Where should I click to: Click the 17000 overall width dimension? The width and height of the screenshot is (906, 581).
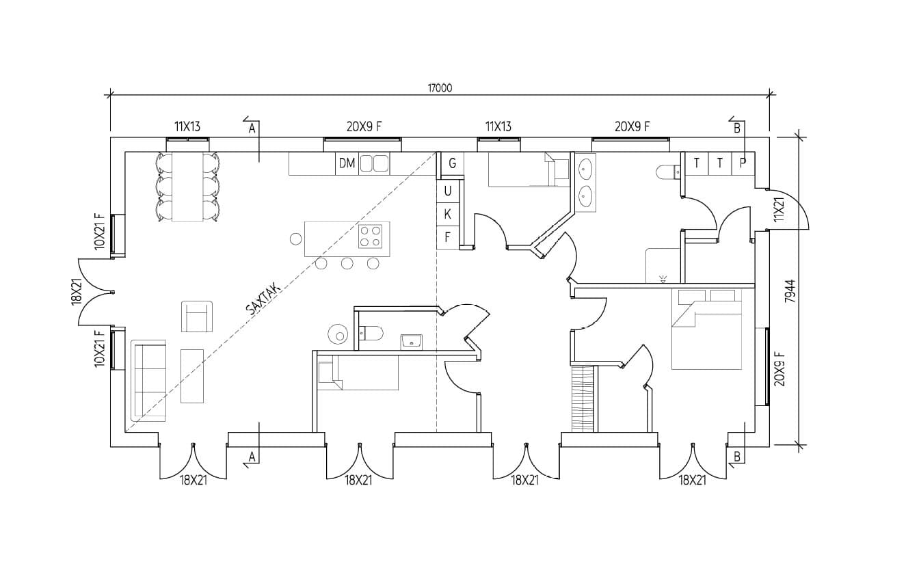point(440,87)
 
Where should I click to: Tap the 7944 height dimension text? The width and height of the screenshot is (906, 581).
point(790,291)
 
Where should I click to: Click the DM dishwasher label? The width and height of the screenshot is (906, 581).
point(347,163)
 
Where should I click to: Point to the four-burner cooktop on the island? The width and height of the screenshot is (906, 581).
point(370,236)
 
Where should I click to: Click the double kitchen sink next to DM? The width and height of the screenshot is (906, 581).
point(374,164)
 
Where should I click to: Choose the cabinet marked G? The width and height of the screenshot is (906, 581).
point(452,164)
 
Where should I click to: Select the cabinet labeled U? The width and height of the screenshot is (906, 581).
point(448,191)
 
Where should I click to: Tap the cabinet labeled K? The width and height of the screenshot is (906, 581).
point(448,215)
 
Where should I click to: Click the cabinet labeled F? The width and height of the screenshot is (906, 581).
point(448,238)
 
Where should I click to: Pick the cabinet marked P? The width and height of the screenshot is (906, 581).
point(743,163)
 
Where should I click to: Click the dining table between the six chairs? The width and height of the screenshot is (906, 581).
point(187,187)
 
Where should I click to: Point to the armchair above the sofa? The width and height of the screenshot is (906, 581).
point(197,316)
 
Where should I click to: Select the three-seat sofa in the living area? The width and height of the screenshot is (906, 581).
point(148,381)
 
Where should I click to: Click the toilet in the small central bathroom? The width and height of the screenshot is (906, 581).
point(371,333)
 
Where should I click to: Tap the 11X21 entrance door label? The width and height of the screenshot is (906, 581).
point(779,209)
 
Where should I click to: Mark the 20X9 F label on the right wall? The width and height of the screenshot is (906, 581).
point(780,368)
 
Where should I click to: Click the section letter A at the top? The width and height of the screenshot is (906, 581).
point(252,129)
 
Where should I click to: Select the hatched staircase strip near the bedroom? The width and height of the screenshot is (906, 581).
point(582,399)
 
